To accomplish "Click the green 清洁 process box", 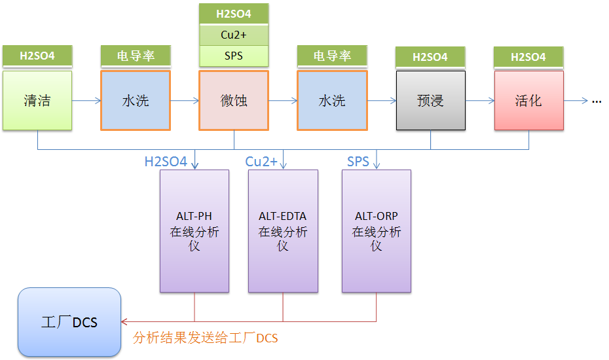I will point(37,101).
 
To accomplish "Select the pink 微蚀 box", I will point(233,101).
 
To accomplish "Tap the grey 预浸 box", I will point(430,101).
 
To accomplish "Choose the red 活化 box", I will point(528,101).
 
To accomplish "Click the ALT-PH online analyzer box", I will point(194,231).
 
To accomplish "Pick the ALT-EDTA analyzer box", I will point(283,231).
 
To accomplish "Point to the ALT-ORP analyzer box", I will point(377,231).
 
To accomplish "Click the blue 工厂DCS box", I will point(69,322).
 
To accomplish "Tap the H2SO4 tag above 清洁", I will point(37,56).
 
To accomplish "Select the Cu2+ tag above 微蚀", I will point(233,35).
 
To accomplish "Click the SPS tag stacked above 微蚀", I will point(233,56).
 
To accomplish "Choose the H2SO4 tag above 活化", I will point(528,57).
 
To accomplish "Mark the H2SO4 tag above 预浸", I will point(430,57).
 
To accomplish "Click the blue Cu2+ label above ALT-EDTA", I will point(261,161).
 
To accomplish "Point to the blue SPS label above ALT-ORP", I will point(358,161).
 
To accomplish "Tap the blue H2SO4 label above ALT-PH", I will point(166,161).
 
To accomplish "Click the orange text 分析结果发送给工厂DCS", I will point(205,338).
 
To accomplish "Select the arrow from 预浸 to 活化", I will point(480,101).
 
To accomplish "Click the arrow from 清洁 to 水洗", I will point(86,101).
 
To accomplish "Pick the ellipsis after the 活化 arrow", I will point(597,101).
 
